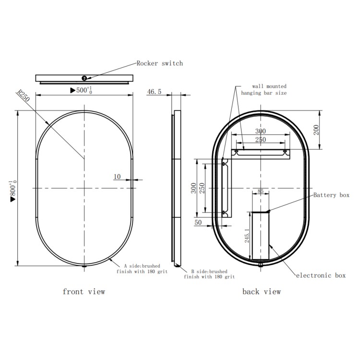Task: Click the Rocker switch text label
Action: tap(159, 63)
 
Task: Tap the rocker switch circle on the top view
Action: tap(84, 78)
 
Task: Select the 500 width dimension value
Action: tap(81, 90)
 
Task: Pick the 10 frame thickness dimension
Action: tap(117, 177)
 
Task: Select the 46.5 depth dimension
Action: tap(154, 91)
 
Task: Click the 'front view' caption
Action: tap(84, 291)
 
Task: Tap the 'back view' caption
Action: tap(262, 291)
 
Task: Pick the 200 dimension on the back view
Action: tap(317, 129)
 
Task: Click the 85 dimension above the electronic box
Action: tap(261, 192)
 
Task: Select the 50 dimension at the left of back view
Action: tap(198, 223)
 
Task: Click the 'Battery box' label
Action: tap(332, 195)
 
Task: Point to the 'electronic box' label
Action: tap(321, 276)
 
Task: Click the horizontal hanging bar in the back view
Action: tap(261, 153)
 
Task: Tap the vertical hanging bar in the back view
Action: tap(225, 187)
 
